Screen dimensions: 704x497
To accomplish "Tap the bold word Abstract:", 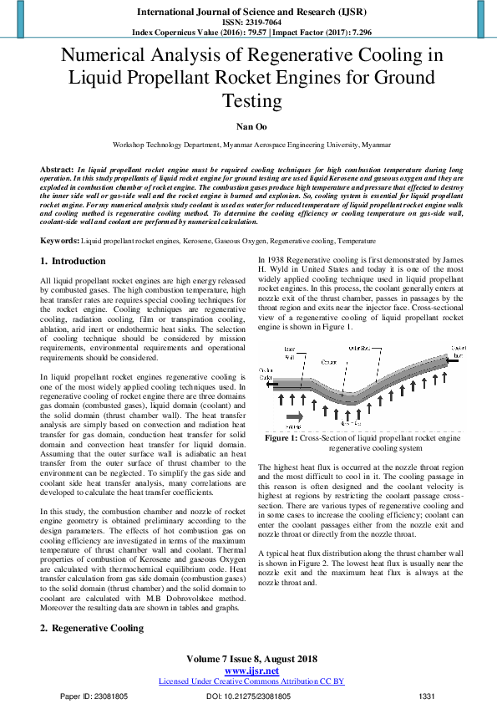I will point(57,170).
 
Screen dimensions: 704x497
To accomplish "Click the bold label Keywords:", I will point(60,241).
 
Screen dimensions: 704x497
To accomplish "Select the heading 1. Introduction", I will point(74,262).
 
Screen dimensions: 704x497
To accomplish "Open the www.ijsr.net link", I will point(251,671).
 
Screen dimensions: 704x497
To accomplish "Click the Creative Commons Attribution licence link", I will point(251,681).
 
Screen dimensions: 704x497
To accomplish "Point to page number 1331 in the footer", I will point(427,696).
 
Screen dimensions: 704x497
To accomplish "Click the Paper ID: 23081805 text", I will point(94,696).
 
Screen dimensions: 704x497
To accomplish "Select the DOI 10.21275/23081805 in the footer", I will point(249,696).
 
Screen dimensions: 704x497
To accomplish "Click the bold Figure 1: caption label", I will point(281,437).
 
